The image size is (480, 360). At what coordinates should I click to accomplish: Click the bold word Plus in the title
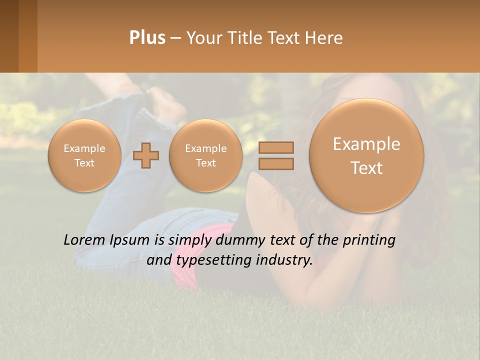pyautogui.click(x=147, y=38)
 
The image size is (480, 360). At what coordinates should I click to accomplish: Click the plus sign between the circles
pyautogui.click(x=146, y=155)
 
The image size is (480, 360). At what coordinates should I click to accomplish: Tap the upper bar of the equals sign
pyautogui.click(x=275, y=147)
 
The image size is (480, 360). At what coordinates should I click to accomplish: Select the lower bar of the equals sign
pyautogui.click(x=275, y=163)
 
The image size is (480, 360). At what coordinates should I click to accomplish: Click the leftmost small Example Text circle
pyautogui.click(x=84, y=155)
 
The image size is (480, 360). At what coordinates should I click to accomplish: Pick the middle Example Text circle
pyautogui.click(x=205, y=155)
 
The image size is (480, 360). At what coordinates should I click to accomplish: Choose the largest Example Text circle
pyautogui.click(x=366, y=155)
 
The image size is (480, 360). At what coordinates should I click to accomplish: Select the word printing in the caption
pyautogui.click(x=369, y=240)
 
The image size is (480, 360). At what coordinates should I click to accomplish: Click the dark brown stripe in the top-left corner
pyautogui.click(x=9, y=36)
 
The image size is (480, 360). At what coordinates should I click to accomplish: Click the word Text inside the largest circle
pyautogui.click(x=366, y=168)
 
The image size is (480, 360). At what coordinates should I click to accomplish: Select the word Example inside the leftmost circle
pyautogui.click(x=84, y=148)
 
